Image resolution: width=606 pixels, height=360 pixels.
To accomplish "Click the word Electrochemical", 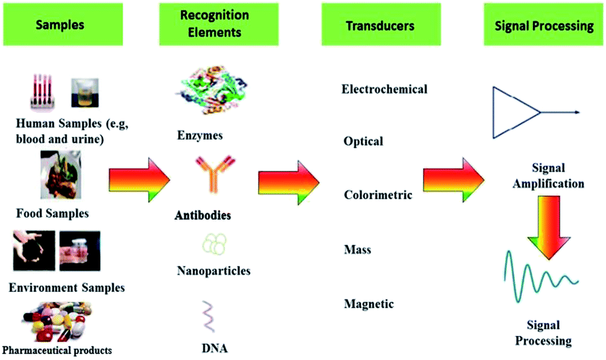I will (384, 89).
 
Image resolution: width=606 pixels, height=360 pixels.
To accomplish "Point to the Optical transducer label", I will (363, 141).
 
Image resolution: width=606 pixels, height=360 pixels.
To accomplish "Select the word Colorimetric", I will (378, 195).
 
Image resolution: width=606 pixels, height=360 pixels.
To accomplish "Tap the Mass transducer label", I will (358, 250).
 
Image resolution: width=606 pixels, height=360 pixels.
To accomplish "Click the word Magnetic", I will (369, 304).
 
